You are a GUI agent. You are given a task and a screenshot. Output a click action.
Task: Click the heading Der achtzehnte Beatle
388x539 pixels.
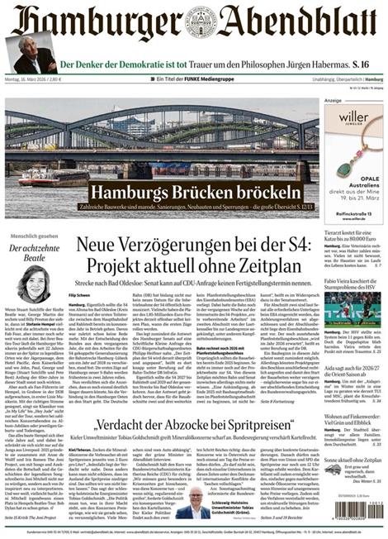coord(36,252)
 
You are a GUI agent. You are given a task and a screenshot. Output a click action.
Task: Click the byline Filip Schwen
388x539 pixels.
coord(80,295)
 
